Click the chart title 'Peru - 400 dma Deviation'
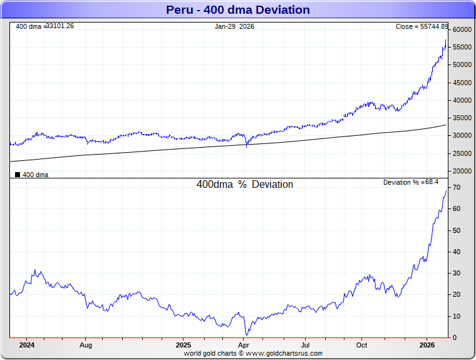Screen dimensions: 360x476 tap(237, 10)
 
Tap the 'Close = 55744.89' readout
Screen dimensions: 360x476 tap(422, 26)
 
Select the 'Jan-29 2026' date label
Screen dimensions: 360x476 tap(235, 26)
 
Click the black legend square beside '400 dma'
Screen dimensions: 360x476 tap(18, 175)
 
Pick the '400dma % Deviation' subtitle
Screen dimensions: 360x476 tap(245, 185)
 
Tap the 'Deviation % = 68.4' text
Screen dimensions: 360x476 tap(411, 182)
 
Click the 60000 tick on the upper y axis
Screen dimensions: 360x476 tap(462, 29)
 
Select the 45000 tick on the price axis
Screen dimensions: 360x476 tap(462, 83)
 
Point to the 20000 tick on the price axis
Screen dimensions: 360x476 tap(462, 171)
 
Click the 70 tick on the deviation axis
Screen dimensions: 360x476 tap(458, 188)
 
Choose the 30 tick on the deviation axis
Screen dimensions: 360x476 tap(458, 274)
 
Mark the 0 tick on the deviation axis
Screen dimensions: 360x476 tap(455, 338)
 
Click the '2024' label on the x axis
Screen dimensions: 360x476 tap(27, 345)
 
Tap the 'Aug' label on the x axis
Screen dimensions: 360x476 tap(86, 345)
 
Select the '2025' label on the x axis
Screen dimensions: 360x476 tap(184, 345)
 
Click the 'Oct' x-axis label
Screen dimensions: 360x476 tap(362, 345)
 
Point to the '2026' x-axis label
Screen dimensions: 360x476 tap(427, 345)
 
